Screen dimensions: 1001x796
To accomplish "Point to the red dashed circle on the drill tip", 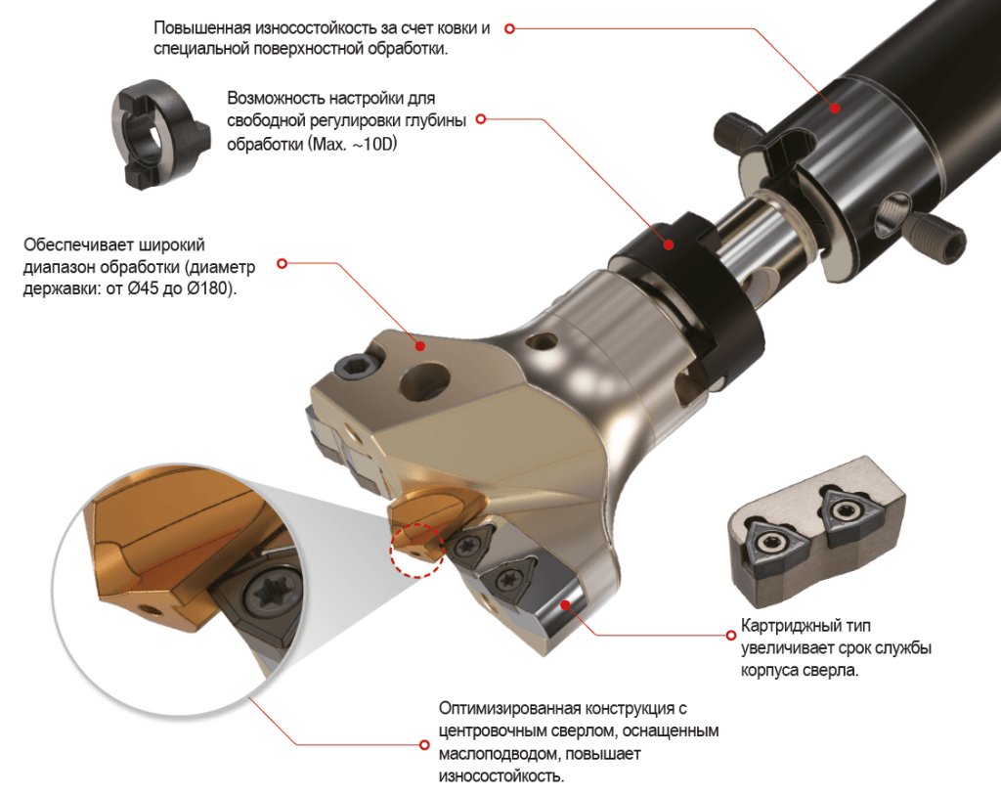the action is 416,551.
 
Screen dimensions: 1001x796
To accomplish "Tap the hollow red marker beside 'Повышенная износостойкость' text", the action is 509,28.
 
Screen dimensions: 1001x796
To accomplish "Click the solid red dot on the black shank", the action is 835,108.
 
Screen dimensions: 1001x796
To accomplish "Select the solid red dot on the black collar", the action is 669,244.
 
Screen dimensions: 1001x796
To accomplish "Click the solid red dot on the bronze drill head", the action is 420,346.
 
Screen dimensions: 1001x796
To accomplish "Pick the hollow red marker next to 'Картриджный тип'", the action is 731,635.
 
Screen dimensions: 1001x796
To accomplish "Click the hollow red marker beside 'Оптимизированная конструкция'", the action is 424,745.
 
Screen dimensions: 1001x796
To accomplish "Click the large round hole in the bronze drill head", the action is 424,382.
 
